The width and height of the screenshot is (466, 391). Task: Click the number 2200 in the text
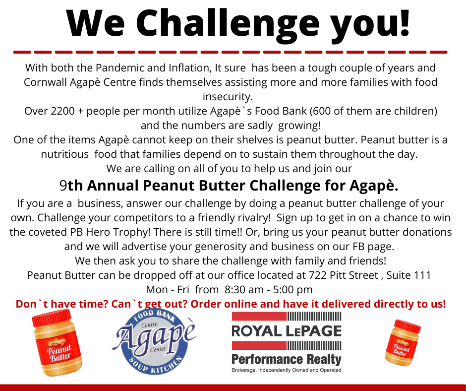(x=62, y=111)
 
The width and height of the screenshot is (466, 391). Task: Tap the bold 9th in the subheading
(x=70, y=186)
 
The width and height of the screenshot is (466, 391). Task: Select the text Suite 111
(x=408, y=275)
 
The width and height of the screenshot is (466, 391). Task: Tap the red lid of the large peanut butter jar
(x=52, y=317)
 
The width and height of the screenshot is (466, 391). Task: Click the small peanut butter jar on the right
(x=402, y=343)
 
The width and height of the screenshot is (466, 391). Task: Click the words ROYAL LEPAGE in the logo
(x=287, y=331)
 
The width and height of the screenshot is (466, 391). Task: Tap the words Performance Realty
(x=287, y=359)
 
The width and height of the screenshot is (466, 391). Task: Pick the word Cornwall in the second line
(x=46, y=82)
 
